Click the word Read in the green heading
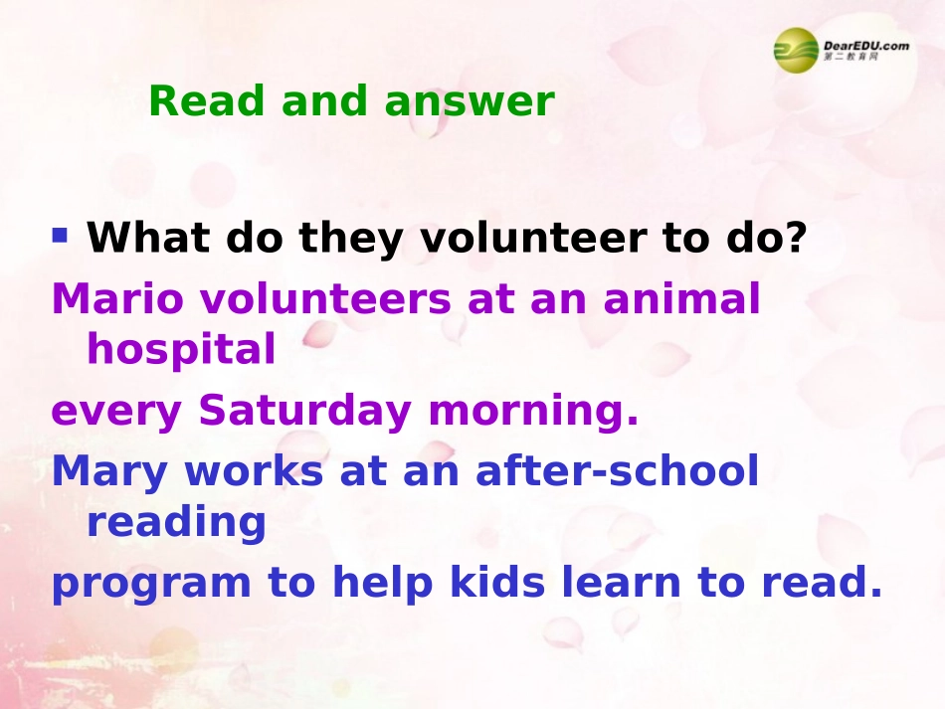[206, 101]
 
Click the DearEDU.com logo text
[865, 45]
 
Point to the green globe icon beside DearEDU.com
[797, 49]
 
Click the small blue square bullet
[61, 236]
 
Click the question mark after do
[794, 238]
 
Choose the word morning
[532, 412]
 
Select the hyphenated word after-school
[618, 471]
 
